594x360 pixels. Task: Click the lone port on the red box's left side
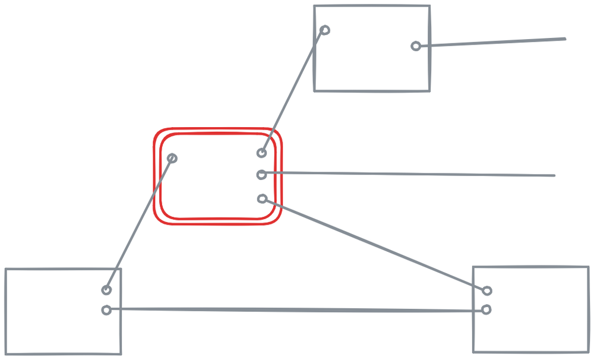(172, 158)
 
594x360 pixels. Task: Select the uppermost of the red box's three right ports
(262, 153)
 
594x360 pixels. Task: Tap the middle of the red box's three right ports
(261, 175)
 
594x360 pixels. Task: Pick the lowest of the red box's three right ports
(262, 198)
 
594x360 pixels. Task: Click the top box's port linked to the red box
(324, 30)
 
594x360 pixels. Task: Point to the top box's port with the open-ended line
(416, 46)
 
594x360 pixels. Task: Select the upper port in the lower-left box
(106, 290)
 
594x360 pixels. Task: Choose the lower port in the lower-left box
(106, 310)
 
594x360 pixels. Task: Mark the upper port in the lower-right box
(487, 290)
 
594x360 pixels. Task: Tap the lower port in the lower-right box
(486, 310)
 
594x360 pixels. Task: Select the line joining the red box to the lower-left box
(140, 224)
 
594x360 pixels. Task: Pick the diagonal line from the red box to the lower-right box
(374, 244)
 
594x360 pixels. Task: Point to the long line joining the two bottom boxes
(297, 310)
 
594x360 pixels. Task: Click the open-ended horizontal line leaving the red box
(410, 175)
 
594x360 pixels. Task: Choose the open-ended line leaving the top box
(493, 42)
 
